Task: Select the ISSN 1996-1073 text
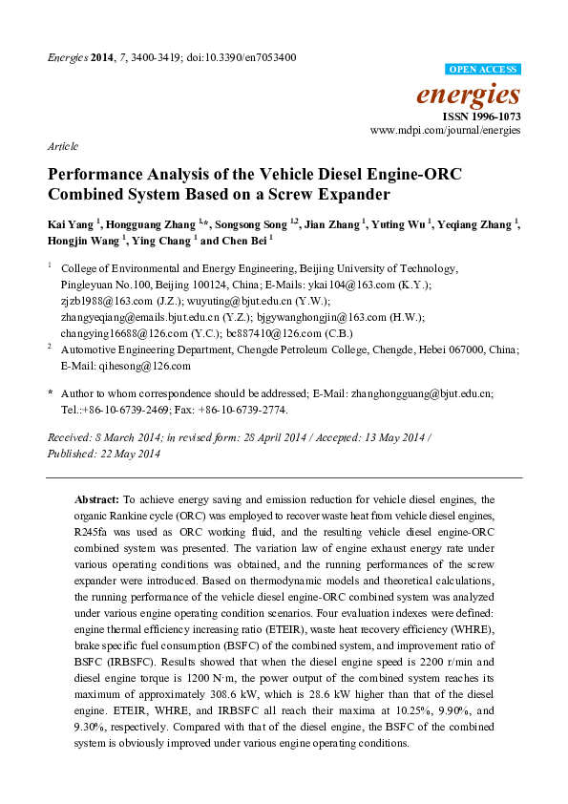point(483,115)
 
